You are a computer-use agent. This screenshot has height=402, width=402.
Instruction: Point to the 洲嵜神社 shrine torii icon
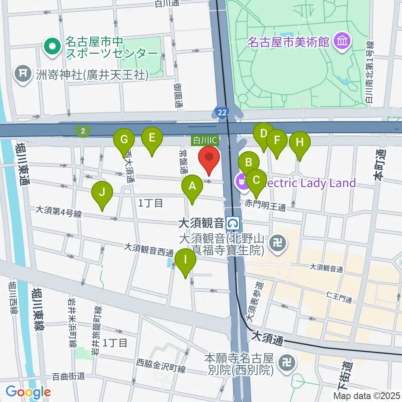(x=22, y=75)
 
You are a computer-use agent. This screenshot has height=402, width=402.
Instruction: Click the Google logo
(x=28, y=392)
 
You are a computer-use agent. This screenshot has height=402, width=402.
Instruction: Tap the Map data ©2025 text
(x=367, y=395)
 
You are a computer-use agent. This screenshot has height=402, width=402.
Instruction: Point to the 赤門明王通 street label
(x=265, y=206)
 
